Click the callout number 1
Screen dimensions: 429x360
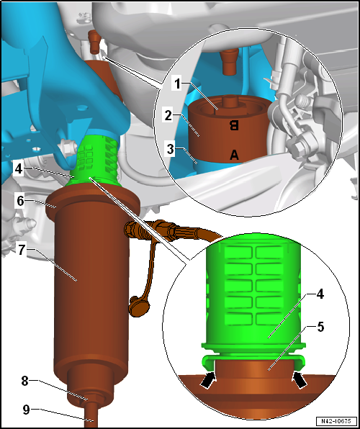[176, 83]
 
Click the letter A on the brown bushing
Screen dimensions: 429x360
[234, 154]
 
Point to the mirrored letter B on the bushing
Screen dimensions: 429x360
[233, 125]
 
